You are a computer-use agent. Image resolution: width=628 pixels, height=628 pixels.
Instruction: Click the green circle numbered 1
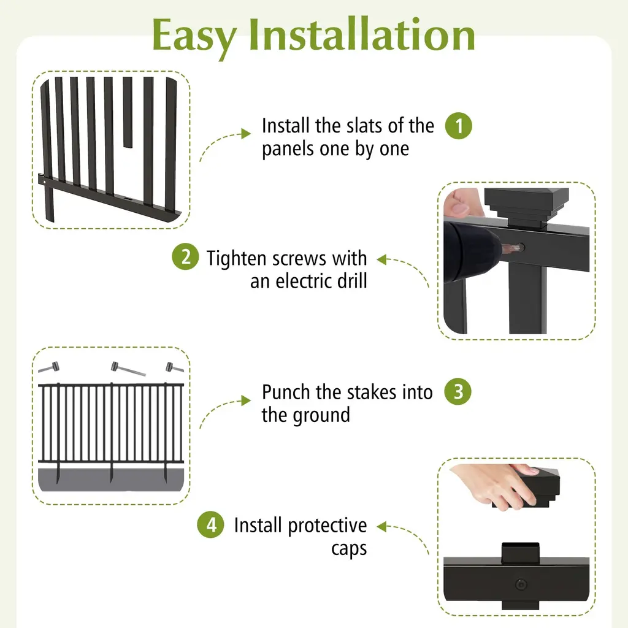[x=459, y=126]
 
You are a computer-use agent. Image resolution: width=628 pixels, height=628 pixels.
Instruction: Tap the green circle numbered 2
[x=185, y=257]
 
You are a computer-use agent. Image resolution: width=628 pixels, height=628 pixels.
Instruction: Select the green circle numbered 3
[x=458, y=391]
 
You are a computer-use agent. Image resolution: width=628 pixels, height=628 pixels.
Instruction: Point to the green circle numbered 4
[x=211, y=525]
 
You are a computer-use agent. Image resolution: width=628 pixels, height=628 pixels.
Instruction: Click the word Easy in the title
[x=194, y=37]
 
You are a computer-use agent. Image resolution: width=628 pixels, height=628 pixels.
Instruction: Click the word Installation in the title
[x=362, y=34]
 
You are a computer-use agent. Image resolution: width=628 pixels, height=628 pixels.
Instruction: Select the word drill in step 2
[x=352, y=281]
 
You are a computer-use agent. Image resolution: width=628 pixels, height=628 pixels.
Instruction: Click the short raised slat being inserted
[x=128, y=112]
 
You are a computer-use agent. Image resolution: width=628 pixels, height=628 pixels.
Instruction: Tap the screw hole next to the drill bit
[x=520, y=247]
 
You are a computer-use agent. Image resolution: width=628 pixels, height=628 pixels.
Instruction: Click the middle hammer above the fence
[x=128, y=369]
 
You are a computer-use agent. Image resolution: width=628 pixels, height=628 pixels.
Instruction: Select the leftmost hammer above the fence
[x=49, y=367]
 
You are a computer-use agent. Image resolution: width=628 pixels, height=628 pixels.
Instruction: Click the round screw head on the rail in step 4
[x=521, y=584]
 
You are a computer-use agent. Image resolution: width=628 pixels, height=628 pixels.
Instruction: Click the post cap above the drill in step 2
[x=526, y=207]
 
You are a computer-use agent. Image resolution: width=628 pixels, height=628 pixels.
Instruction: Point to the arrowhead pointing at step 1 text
[x=246, y=134]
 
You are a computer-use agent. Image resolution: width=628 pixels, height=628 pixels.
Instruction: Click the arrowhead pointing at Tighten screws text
[x=382, y=259]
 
